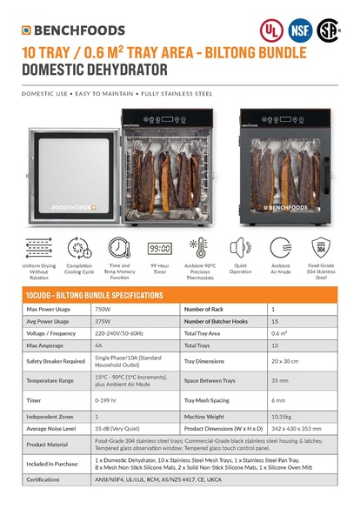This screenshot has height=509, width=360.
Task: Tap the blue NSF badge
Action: pyautogui.click(x=300, y=29)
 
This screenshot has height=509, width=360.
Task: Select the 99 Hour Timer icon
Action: pyautogui.click(x=158, y=247)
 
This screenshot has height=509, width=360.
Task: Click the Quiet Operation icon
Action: pyautogui.click(x=240, y=247)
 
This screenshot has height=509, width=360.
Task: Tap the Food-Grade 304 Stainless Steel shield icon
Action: pyautogui.click(x=321, y=247)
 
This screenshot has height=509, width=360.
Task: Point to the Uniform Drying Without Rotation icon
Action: pyautogui.click(x=39, y=247)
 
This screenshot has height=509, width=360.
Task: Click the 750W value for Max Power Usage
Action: pyautogui.click(x=103, y=309)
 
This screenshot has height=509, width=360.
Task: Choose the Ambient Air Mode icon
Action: pyautogui.click(x=280, y=247)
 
